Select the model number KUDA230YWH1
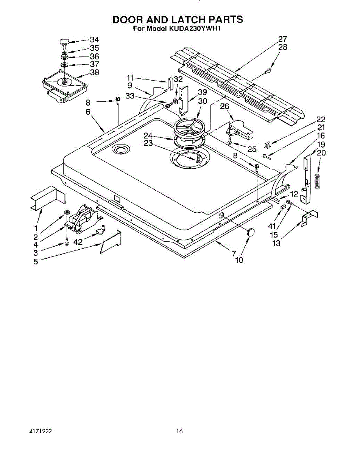(194, 29)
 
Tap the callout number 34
(94, 39)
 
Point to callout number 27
(282, 39)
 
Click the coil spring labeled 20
(318, 181)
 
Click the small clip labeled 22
(268, 145)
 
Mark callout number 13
(276, 243)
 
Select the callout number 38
(94, 72)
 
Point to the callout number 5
(36, 261)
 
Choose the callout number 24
(148, 135)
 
